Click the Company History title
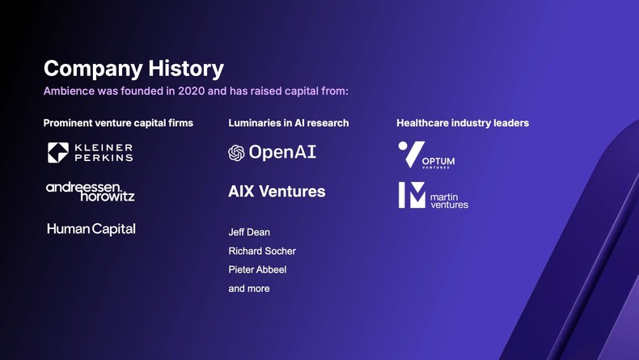133,69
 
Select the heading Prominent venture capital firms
118,123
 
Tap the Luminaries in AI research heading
289,123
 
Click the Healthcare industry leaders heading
463,123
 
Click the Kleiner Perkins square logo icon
57,153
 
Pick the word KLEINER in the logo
104,148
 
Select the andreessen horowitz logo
91,191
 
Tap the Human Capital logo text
91,229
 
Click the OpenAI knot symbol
236,153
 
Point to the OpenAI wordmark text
282,152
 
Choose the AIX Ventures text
277,192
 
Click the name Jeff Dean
249,232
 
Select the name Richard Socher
262,251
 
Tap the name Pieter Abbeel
257,269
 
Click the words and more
249,288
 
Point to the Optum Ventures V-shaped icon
411,154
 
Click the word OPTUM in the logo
438,161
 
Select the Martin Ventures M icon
412,195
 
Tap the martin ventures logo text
449,201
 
